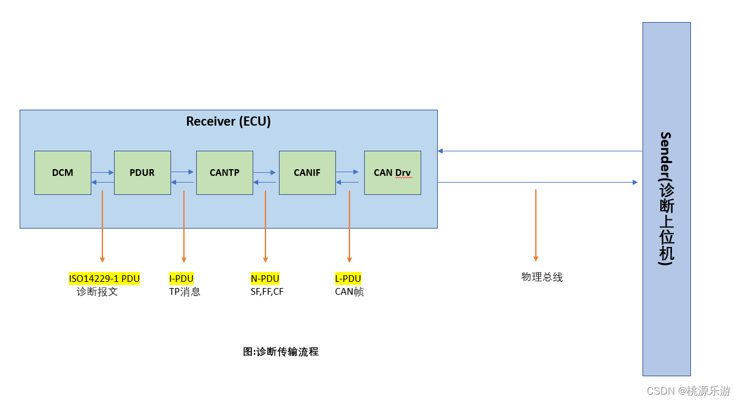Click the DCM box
tap(63, 173)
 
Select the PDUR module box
tap(142, 173)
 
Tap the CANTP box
tap(224, 173)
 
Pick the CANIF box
tap(307, 173)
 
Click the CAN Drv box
tap(392, 173)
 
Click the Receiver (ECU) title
tap(228, 121)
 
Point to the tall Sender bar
tap(666, 199)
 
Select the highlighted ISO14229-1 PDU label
tap(104, 279)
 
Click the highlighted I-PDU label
tap(181, 279)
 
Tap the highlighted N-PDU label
tap(265, 279)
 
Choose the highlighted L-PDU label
tap(348, 279)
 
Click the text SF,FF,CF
tap(267, 292)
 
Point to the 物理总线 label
tap(542, 277)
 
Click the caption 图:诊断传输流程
tap(281, 352)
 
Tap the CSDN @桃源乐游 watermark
tap(689, 390)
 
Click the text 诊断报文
tap(97, 292)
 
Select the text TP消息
tap(185, 292)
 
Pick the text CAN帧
tap(349, 292)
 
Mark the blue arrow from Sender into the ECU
tap(540, 151)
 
